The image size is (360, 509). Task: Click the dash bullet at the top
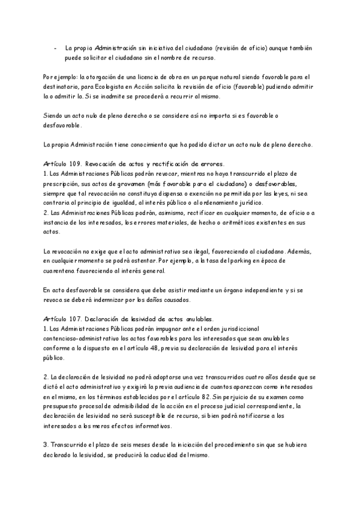55,47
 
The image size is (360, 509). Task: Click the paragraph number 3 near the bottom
46,445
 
